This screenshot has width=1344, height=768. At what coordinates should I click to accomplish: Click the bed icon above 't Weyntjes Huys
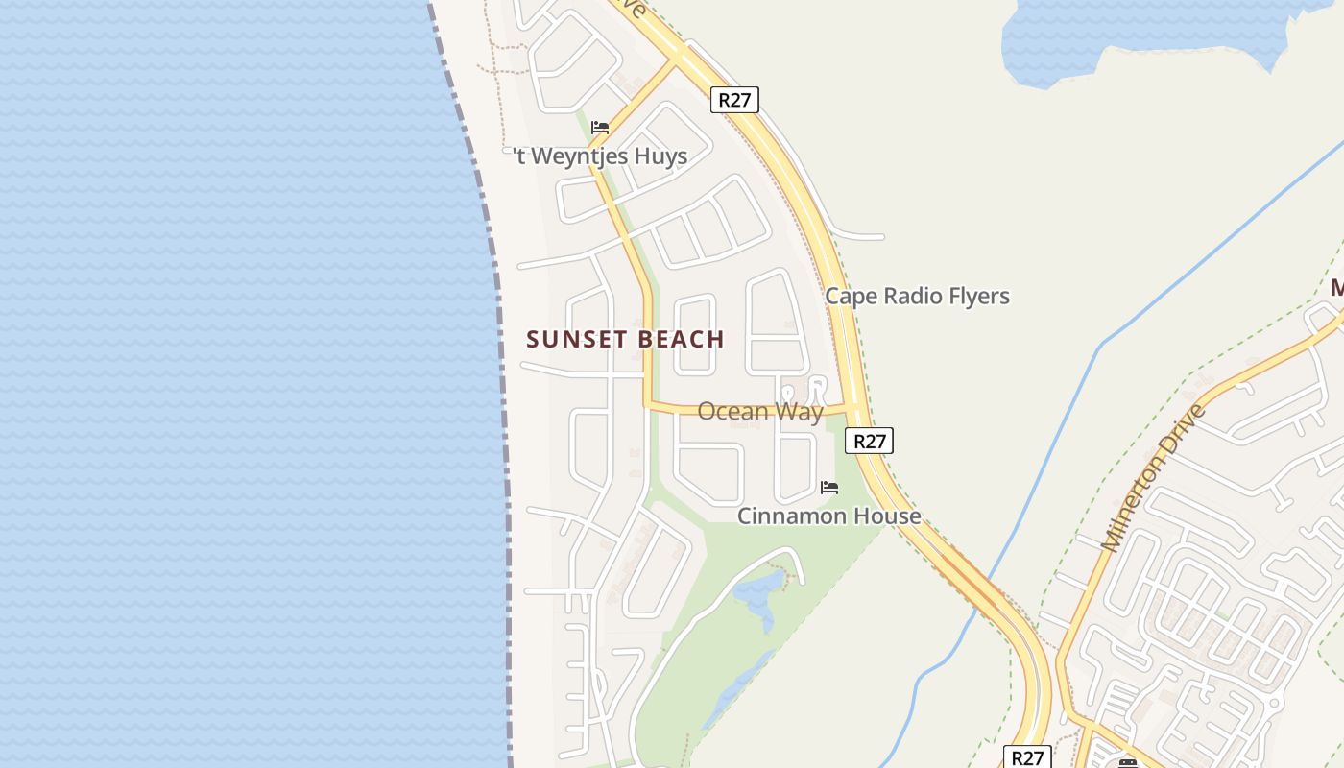[x=600, y=127]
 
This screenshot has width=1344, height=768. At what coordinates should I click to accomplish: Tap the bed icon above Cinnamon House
[x=829, y=488]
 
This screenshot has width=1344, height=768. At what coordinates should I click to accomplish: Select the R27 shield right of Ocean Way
[x=869, y=441]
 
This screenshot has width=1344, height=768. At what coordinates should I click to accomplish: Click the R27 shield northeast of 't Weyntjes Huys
[x=734, y=99]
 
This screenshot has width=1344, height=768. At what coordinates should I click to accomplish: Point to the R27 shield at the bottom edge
[x=1026, y=756]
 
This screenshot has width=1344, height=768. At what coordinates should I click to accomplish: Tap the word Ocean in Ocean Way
[x=733, y=412]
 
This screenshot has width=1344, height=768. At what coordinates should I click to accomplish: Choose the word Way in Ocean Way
[x=800, y=412]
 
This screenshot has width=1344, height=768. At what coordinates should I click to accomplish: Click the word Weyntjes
[x=574, y=156]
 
